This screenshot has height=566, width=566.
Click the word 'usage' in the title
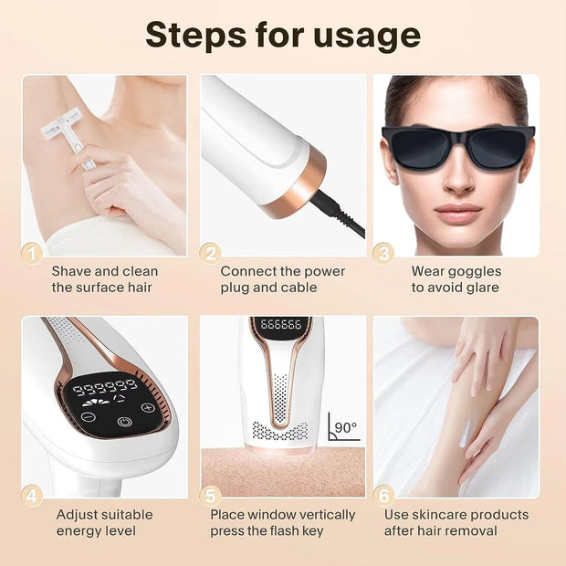[x=367, y=37]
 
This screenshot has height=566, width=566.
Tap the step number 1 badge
[x=32, y=254]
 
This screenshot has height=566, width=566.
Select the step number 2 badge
[x=210, y=254]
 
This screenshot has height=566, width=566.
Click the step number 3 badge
[x=383, y=254]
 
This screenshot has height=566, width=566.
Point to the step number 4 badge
[x=32, y=497]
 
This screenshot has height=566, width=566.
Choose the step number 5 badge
[x=210, y=497]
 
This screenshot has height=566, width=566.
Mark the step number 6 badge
[x=383, y=497]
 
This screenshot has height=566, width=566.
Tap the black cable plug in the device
[x=326, y=204]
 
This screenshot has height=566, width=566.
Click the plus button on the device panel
[x=148, y=407]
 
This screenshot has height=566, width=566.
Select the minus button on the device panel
[x=88, y=417]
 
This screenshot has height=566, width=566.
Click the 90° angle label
[x=346, y=428]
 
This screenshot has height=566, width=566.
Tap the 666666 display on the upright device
[x=281, y=324]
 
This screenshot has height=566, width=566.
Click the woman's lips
[x=457, y=213]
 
